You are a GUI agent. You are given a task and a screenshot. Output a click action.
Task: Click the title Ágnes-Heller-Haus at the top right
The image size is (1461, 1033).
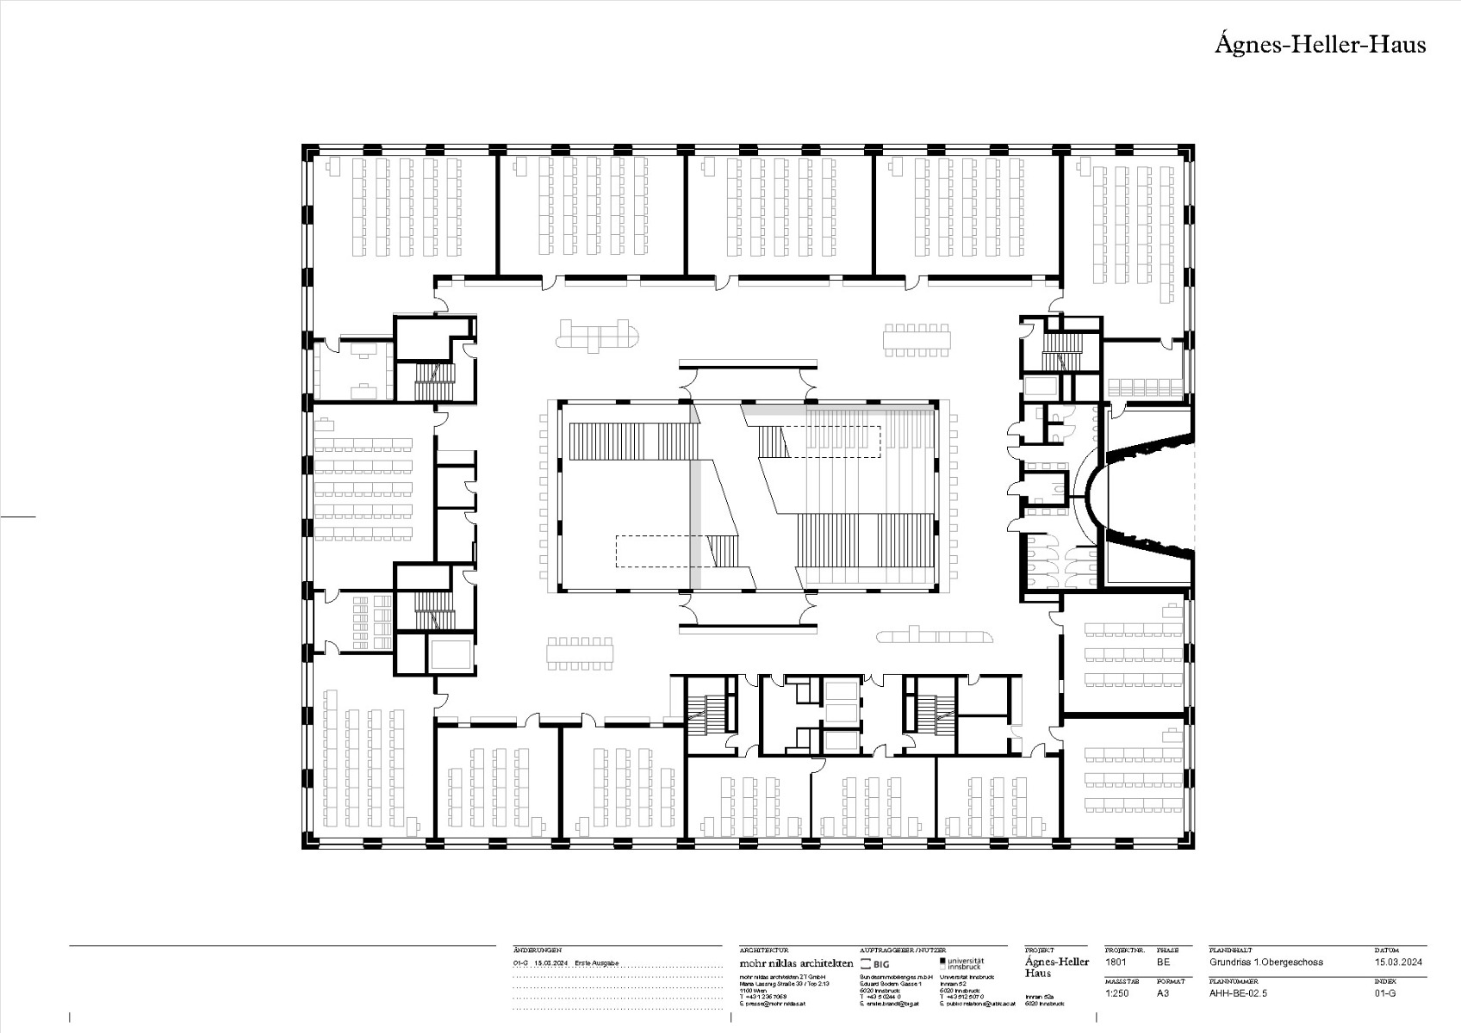[1320, 45]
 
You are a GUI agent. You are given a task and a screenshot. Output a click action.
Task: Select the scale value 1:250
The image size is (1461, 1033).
[1117, 993]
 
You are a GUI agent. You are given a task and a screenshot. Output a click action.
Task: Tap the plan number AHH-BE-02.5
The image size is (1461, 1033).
[1238, 993]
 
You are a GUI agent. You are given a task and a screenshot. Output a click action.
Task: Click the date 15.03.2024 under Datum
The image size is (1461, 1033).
[1398, 962]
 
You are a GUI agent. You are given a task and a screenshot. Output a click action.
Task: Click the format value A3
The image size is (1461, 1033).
[1163, 993]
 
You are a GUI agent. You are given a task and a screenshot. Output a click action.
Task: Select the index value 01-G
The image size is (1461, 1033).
[1385, 993]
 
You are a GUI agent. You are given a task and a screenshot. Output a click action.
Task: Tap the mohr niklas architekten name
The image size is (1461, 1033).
[796, 963]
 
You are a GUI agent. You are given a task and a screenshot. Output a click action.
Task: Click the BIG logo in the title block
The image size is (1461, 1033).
[875, 964]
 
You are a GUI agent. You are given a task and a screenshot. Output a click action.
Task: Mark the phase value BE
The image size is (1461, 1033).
[1163, 962]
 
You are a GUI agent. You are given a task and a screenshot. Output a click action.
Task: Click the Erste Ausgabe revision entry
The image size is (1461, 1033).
[597, 963]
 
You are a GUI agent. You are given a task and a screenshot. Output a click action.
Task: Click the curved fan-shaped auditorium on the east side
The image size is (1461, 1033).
[1148, 494]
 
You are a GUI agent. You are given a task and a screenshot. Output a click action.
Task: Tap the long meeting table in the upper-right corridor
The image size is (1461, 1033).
[917, 339]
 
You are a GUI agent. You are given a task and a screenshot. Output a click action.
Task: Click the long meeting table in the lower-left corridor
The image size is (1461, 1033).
[581, 653]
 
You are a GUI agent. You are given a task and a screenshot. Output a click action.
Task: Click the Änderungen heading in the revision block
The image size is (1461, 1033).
[538, 950]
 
